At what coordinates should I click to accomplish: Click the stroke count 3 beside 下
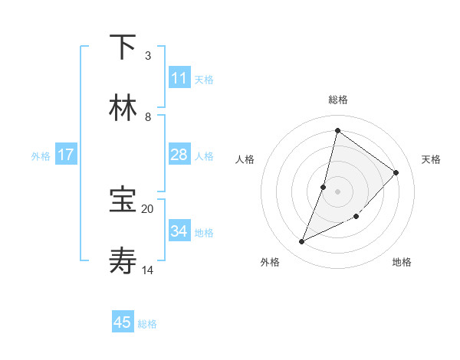(x=147, y=56)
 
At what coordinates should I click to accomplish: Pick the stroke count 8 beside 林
(x=147, y=117)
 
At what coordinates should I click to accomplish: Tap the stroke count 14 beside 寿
(x=148, y=270)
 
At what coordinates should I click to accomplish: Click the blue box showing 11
(x=179, y=78)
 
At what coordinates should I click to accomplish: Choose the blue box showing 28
(x=179, y=155)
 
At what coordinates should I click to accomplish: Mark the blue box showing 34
(x=179, y=231)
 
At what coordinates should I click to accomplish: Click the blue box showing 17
(x=65, y=155)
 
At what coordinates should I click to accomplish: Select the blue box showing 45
(x=123, y=322)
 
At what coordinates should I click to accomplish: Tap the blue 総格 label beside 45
(x=147, y=324)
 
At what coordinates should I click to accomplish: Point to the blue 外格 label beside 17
(x=41, y=156)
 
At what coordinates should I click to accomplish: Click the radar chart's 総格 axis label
(x=337, y=100)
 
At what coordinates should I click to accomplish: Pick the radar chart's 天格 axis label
(x=431, y=159)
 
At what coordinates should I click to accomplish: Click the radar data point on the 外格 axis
(x=302, y=242)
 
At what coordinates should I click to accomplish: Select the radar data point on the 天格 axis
(x=396, y=172)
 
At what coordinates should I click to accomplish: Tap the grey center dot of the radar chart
(x=337, y=191)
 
